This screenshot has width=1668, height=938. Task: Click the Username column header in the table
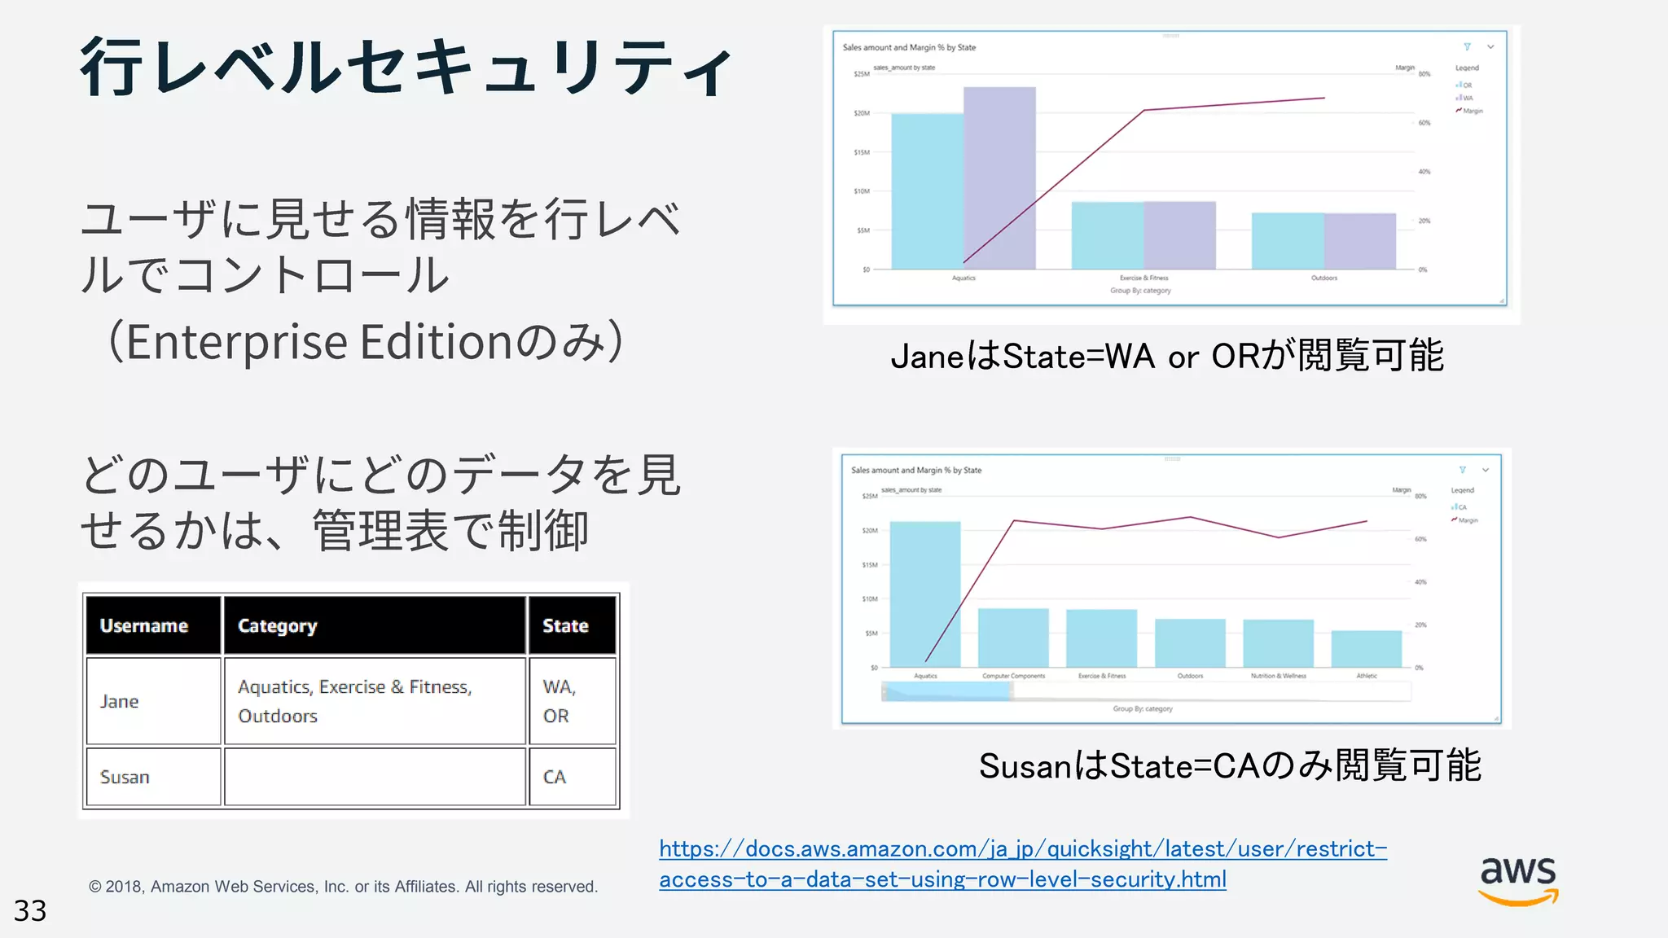[144, 625]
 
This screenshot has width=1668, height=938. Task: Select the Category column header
[277, 625]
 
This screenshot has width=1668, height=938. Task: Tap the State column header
[565, 625]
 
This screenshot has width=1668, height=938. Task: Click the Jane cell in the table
[120, 701]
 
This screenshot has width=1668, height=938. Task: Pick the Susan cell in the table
[125, 777]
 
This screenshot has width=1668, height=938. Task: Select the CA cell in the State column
[555, 777]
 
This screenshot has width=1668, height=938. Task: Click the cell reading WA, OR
[559, 701]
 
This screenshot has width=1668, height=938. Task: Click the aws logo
[1518, 879]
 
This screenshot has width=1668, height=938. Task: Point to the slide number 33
[30, 910]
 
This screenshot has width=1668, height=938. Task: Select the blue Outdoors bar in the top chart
[1287, 240]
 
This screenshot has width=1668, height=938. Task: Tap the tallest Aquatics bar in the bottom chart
[925, 594]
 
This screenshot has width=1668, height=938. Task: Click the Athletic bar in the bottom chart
[1367, 649]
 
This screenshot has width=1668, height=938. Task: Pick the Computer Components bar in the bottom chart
[1013, 638]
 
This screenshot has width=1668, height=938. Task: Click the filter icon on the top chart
[1467, 47]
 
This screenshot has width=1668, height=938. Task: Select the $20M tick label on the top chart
[862, 113]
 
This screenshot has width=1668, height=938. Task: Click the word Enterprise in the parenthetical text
[237, 342]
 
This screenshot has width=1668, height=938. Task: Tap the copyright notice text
[343, 887]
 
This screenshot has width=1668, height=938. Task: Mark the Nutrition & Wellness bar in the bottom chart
[1278, 643]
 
